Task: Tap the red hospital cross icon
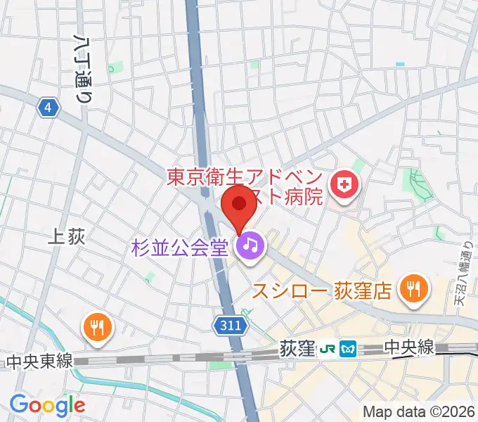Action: pyautogui.click(x=345, y=186)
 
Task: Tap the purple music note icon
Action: pyautogui.click(x=250, y=245)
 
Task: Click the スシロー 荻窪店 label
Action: pyautogui.click(x=321, y=290)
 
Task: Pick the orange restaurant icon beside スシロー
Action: pyautogui.click(x=413, y=288)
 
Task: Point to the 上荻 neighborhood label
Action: pyautogui.click(x=67, y=238)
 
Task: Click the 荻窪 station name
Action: pyautogui.click(x=296, y=348)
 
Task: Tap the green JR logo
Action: pyautogui.click(x=328, y=348)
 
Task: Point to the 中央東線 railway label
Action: pyautogui.click(x=39, y=362)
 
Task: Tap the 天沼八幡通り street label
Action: pyautogui.click(x=462, y=271)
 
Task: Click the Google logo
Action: pyautogui.click(x=47, y=405)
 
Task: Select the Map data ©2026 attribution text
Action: pyautogui.click(x=418, y=411)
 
